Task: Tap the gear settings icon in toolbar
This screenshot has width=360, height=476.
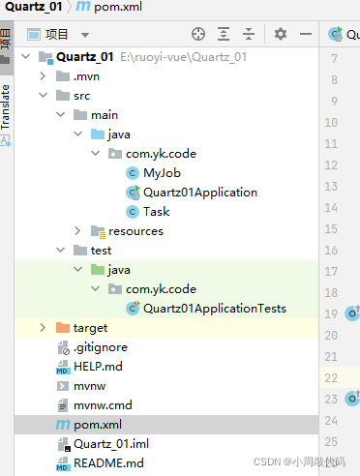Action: [281, 34]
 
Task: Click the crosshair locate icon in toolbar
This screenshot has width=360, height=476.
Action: [198, 34]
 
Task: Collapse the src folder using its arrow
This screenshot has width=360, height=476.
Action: [43, 96]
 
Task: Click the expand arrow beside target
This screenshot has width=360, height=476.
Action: [43, 328]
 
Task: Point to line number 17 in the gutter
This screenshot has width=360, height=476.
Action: [331, 272]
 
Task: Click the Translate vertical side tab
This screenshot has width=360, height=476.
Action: [6, 107]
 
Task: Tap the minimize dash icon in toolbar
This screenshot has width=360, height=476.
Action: [306, 34]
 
